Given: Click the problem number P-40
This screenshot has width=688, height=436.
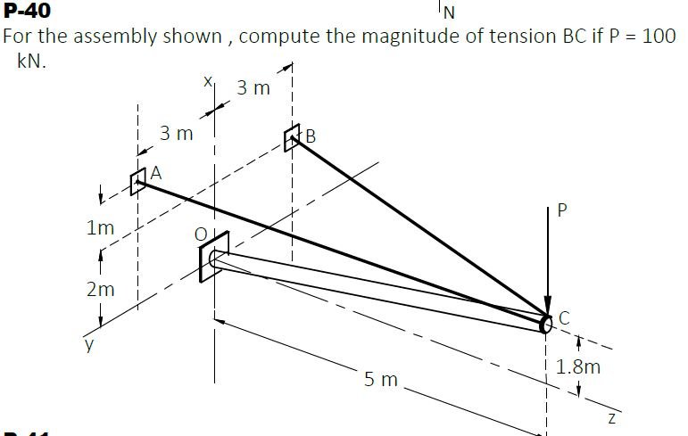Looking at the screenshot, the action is pos(27,10).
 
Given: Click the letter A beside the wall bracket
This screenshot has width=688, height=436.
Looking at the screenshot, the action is pos(156,173).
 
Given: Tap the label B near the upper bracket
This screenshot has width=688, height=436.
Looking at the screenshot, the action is pos(311,136).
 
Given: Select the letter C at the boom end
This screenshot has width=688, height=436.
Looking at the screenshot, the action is pos(564,318).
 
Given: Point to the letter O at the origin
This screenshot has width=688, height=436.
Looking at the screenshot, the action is pos(201,234).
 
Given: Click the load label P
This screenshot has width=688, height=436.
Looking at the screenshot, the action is pos(562,210).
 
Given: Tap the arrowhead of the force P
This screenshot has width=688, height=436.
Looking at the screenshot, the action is pos(548,306).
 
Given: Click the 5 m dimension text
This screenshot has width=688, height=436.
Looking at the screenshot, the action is pos(380,380).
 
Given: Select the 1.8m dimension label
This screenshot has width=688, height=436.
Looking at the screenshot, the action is pos(578,366).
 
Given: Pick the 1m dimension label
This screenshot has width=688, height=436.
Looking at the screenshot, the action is pos(101,227).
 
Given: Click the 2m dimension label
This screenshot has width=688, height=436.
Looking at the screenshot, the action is pos(101,290).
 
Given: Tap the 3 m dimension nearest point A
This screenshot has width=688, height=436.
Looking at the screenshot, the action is pos(177,134).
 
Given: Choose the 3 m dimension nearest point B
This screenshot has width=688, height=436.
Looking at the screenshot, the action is pos(253,88).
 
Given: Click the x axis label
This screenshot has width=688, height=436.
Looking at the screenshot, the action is pos(208,81).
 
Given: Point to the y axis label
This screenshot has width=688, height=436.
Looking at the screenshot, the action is pos(89,345).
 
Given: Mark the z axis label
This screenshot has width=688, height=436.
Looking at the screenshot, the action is pos(612,418).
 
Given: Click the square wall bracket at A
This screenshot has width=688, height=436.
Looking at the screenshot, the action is pos(138,181).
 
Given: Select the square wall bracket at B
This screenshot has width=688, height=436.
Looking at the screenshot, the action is pos(292,137).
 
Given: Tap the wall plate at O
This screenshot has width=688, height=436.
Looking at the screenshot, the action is pos(214,257).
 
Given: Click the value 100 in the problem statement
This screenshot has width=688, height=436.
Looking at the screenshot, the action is pos(659,36).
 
